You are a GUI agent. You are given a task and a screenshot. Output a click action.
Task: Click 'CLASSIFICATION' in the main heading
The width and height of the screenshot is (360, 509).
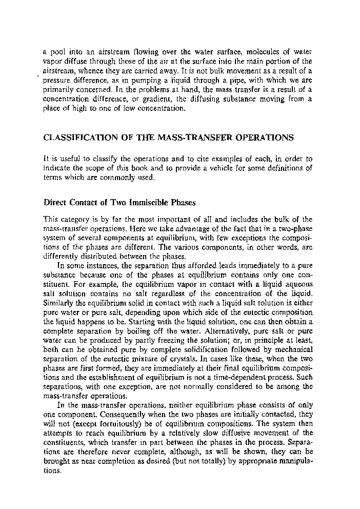pos(83,138)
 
